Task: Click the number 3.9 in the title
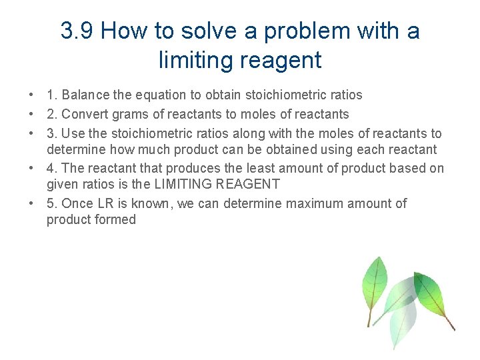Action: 77,31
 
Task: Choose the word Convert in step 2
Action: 83,114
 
